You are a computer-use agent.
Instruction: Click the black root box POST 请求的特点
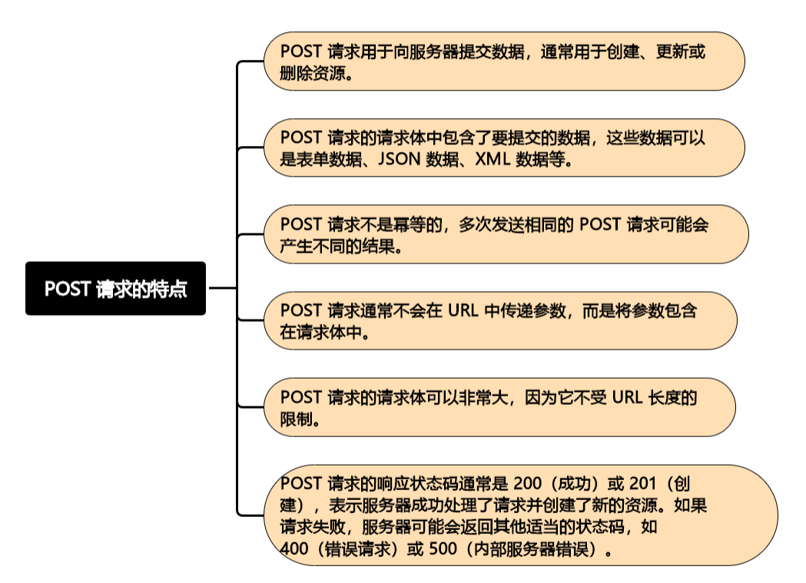coord(115,289)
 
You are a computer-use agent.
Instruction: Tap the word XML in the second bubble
coord(493,160)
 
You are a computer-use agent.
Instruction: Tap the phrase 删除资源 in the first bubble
coord(310,74)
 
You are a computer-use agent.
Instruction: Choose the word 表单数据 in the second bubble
coord(327,160)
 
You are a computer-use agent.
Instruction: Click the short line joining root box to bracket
coord(222,288)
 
